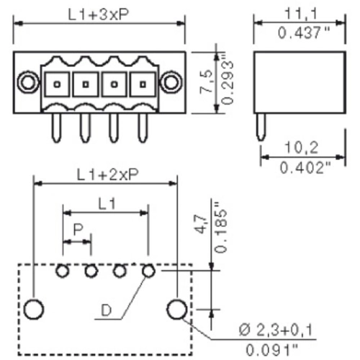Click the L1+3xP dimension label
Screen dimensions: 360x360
click(x=99, y=15)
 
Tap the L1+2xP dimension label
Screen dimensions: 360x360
click(x=108, y=174)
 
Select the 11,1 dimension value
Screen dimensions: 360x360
click(x=301, y=14)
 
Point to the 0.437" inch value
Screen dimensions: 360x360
click(x=304, y=32)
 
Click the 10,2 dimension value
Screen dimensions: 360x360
click(x=302, y=147)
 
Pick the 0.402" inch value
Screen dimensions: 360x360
click(x=305, y=167)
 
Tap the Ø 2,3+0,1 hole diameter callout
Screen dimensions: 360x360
click(x=276, y=330)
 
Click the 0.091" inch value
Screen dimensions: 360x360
click(x=272, y=350)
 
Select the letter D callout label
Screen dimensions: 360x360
click(x=107, y=310)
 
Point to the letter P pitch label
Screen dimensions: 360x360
click(x=78, y=230)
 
